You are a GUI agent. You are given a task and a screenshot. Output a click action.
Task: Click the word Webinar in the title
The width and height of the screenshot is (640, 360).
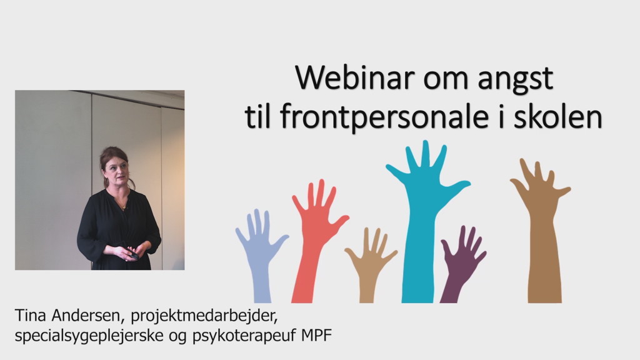point(355,77)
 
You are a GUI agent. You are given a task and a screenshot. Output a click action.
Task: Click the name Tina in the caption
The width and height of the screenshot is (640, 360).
point(30,315)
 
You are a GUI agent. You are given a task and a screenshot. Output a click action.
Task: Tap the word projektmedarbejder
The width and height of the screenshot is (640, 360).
point(204,316)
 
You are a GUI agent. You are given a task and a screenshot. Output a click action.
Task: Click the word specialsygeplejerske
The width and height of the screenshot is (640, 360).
point(89,336)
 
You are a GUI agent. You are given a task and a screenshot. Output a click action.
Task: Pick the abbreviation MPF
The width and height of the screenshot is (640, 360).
point(316,336)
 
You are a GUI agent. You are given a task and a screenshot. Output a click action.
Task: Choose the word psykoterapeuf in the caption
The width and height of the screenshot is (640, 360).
point(244,336)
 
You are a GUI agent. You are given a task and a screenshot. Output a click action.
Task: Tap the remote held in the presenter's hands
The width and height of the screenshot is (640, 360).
point(134,256)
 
